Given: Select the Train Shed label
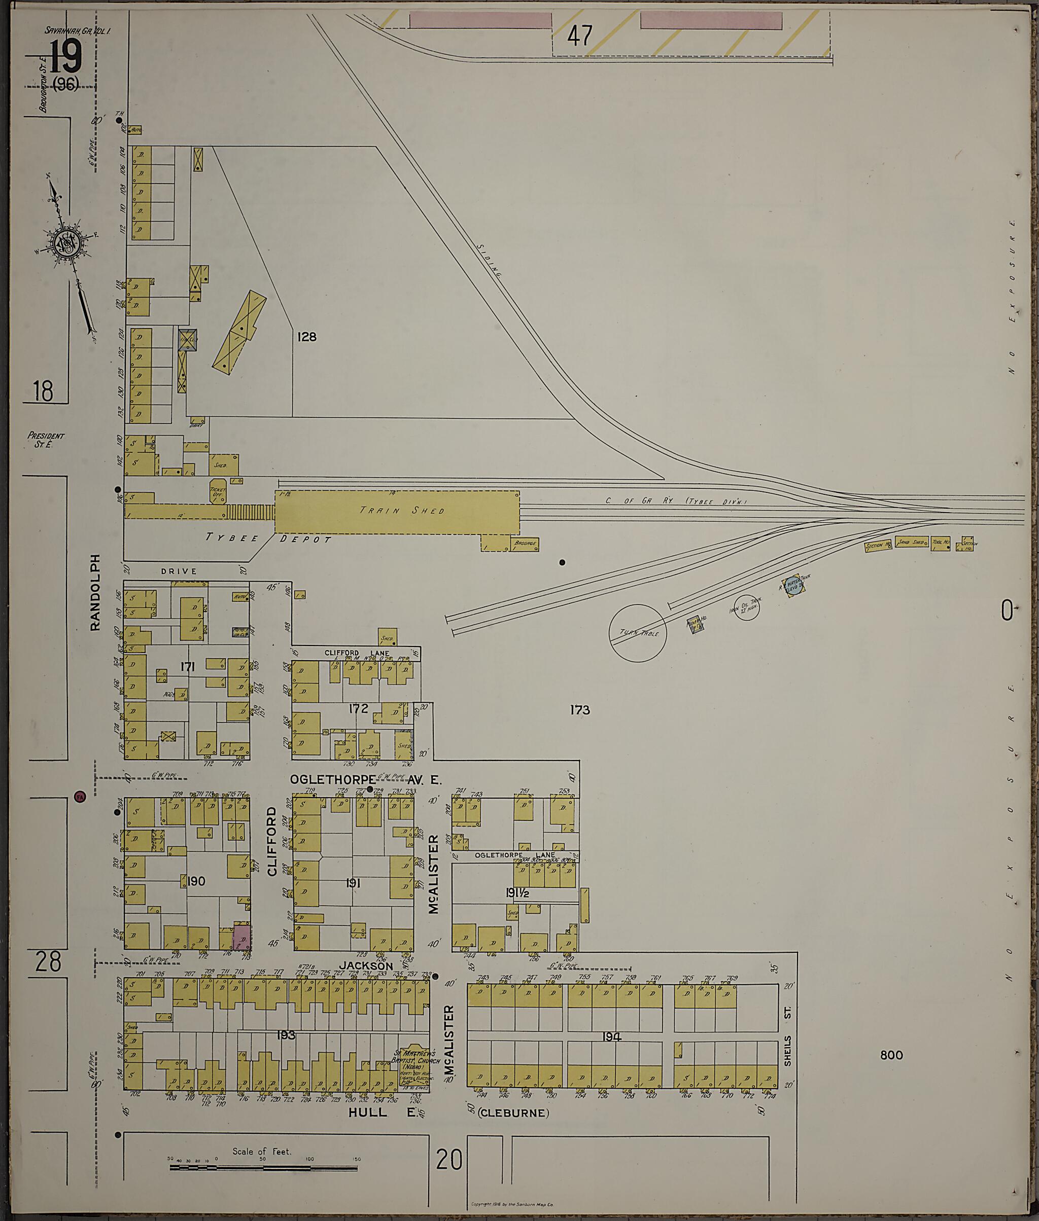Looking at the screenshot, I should (402, 511).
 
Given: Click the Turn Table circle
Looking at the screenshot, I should (637, 633).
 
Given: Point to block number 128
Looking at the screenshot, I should (307, 337).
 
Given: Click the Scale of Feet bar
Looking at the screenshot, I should (264, 1166).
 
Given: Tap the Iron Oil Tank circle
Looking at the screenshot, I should (746, 608).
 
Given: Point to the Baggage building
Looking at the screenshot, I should (525, 544).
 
